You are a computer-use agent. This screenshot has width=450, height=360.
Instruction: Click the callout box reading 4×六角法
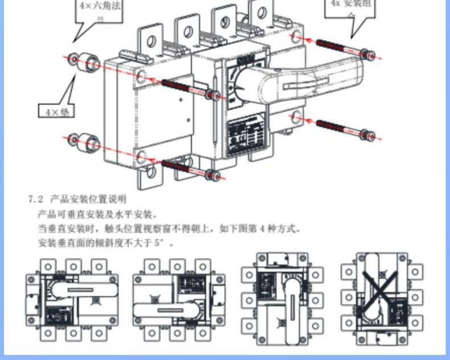click(100, 11)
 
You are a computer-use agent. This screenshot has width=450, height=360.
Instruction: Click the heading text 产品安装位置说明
click(88, 200)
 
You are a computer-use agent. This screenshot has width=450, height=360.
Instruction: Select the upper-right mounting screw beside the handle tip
click(342, 48)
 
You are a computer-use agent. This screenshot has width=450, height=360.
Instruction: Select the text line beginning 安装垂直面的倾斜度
click(103, 243)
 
